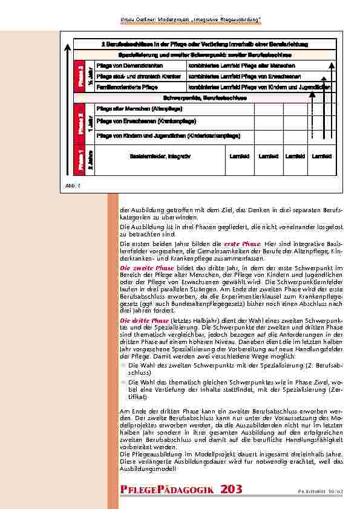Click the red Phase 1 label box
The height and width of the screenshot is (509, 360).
coord(79,157)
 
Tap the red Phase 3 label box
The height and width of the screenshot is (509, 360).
coord(79,76)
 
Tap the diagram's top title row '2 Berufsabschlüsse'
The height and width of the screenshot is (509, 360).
coord(205,44)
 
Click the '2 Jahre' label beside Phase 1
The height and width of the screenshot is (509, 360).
coord(89,157)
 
